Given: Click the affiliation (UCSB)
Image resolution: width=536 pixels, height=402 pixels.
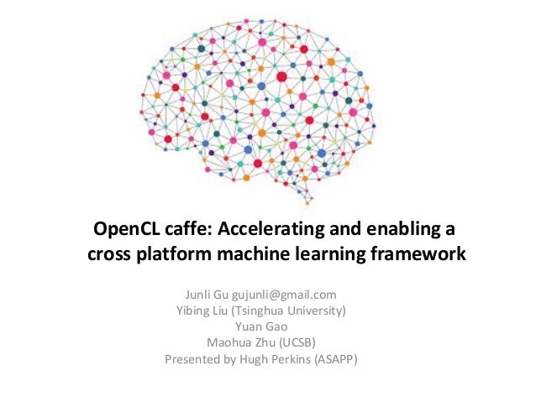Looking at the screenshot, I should [x=295, y=342].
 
